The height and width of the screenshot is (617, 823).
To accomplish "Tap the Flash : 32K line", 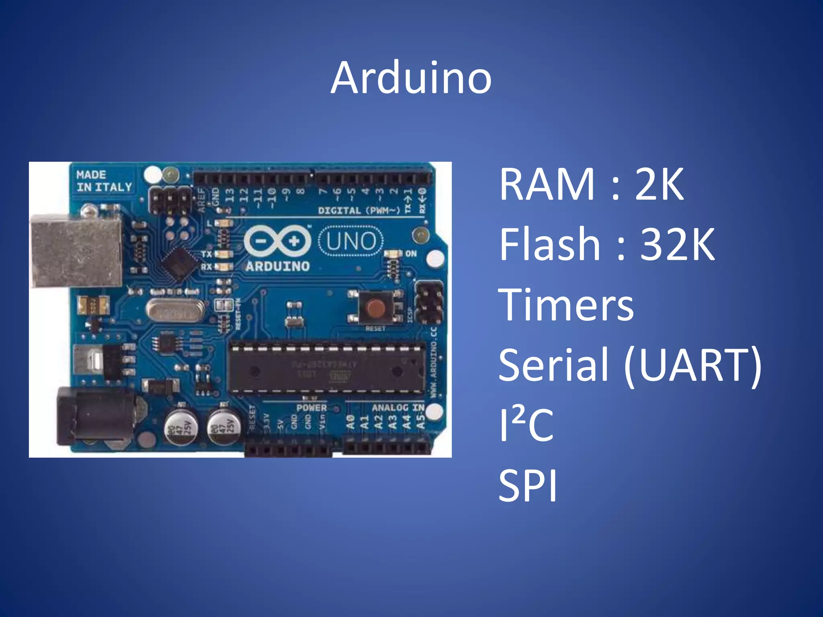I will (x=607, y=244).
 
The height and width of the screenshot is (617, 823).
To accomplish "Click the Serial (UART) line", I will (x=630, y=365).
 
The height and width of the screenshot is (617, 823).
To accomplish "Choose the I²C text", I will (x=526, y=425).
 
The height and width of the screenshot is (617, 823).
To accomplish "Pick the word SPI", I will (x=528, y=485).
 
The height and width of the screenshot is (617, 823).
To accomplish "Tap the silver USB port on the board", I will (x=76, y=251).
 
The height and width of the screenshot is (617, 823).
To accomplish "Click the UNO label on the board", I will (x=351, y=241).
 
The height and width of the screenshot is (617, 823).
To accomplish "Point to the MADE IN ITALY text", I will (x=104, y=181).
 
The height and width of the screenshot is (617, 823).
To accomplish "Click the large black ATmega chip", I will (x=327, y=368).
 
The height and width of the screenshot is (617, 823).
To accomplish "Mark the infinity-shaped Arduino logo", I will (x=277, y=241).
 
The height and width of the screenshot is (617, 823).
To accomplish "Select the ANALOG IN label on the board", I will (x=398, y=408).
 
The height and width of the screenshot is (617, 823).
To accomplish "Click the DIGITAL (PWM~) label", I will (x=359, y=210).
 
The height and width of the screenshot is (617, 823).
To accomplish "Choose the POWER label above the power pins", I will (x=311, y=408).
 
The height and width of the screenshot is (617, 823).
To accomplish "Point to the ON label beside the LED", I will (x=411, y=253).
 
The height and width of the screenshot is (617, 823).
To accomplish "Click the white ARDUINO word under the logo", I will (x=277, y=266).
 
